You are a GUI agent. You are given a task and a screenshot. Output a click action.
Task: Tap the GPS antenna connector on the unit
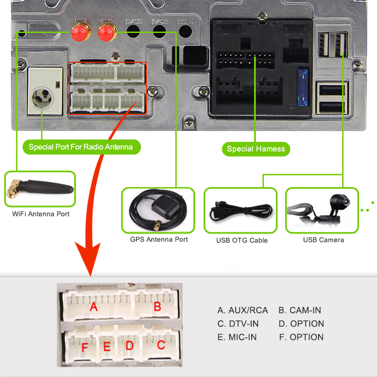(107, 32)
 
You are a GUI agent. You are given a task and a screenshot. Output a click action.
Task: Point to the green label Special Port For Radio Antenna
(81, 147)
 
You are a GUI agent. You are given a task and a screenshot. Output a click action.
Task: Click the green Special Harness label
(256, 149)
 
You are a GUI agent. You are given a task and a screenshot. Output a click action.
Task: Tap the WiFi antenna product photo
(40, 189)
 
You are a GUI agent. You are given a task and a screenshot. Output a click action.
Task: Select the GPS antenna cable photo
(158, 210)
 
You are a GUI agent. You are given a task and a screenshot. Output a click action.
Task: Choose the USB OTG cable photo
(240, 210)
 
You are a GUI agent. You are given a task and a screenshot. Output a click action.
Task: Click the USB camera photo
(322, 210)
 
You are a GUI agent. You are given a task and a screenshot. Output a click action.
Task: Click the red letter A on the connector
(94, 307)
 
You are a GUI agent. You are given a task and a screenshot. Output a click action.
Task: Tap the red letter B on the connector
(157, 307)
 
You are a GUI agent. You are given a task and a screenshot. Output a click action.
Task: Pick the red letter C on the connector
(161, 345)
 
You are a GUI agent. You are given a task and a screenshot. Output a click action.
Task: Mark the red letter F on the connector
(85, 348)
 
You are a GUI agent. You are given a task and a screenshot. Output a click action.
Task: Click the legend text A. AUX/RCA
(242, 310)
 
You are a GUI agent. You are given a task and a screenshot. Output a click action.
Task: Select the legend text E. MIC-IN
(237, 337)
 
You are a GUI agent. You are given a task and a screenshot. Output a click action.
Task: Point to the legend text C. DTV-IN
(238, 324)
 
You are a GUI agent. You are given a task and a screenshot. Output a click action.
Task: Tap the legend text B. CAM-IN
(300, 310)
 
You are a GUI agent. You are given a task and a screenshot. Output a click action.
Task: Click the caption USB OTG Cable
(242, 240)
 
